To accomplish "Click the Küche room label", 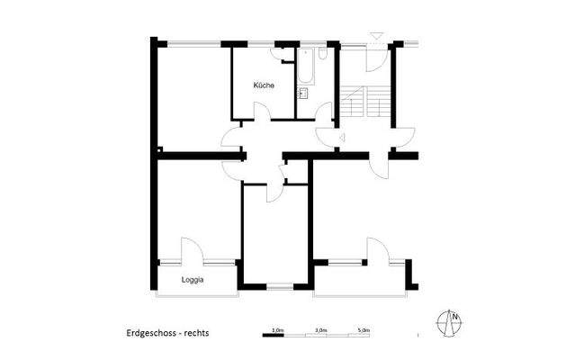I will pos(264,85).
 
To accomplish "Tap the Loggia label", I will pos(193,280).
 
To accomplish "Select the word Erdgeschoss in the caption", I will pos(153,332).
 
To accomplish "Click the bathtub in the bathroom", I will pos(304,67).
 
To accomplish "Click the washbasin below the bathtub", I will pos(303,93).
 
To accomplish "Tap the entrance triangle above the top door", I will pos(376,35).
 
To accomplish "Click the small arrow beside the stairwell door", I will pos(345,137).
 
